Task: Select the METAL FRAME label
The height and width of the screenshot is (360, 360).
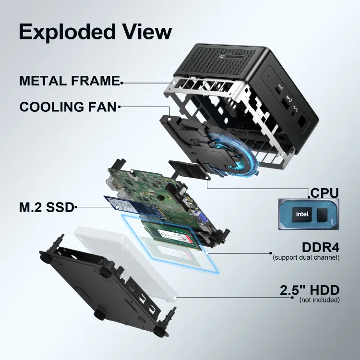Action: point(69,81)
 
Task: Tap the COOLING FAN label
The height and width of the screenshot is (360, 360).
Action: point(68,106)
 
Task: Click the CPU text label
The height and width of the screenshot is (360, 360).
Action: point(324,193)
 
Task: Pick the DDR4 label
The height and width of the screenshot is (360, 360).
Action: point(321,248)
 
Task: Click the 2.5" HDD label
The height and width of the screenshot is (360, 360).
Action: point(310,290)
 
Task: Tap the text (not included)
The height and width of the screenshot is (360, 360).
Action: point(319,300)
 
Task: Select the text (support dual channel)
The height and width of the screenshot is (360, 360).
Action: point(306,258)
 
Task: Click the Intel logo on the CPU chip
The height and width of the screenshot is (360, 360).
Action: point(301,214)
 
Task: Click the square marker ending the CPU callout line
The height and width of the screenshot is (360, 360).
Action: point(309,197)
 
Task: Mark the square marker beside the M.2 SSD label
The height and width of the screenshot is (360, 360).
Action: point(76,207)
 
